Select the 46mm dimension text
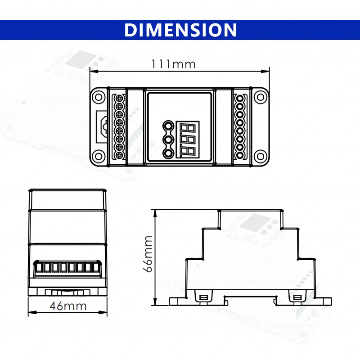[67, 306]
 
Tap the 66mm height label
[147, 255]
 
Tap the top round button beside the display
[168, 126]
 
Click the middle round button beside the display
[168, 140]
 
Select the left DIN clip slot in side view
[203, 297]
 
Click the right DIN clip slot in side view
[297, 297]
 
